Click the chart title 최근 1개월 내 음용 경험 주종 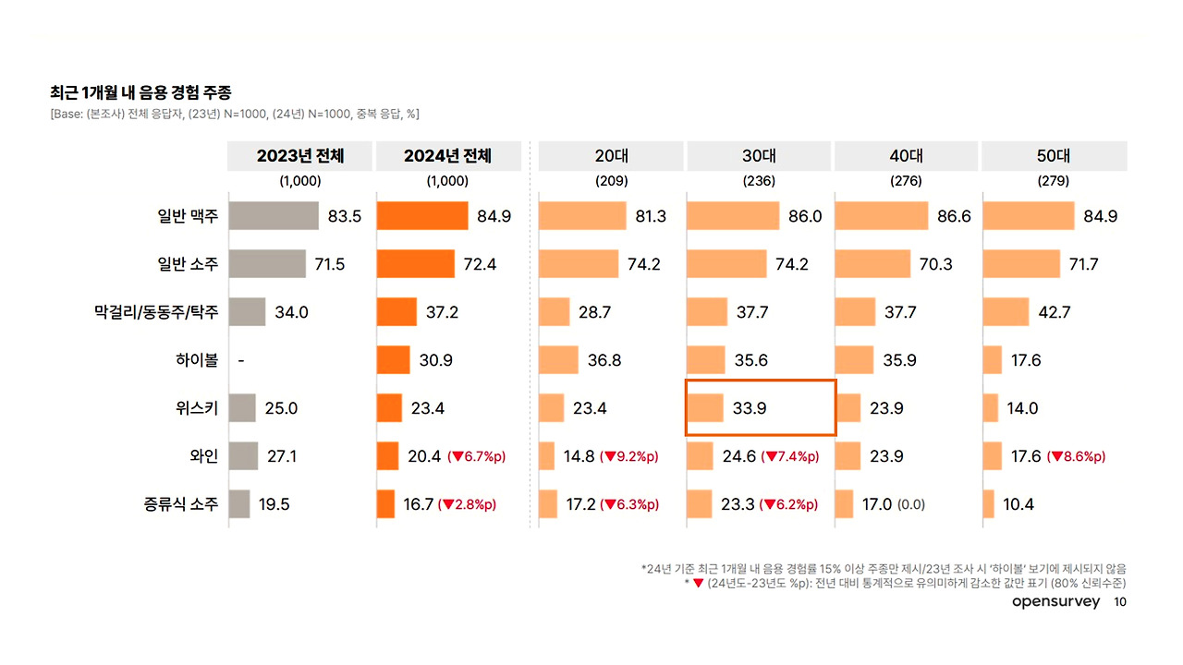[x=140, y=92]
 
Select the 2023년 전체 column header [x=300, y=156]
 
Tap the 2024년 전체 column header [x=447, y=156]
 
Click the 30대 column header [x=759, y=156]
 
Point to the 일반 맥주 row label [x=188, y=217]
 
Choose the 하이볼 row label [x=198, y=360]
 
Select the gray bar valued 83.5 [x=273, y=217]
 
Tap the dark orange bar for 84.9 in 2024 [x=422, y=217]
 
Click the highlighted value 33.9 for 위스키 [x=750, y=408]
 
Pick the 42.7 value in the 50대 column [x=1054, y=312]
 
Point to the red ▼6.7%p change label [x=477, y=456]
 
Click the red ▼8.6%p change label [x=1076, y=456]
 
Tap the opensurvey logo [x=1056, y=602]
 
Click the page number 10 [x=1119, y=602]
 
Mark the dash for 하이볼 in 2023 [x=241, y=360]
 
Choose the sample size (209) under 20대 [x=611, y=181]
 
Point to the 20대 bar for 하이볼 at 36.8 [x=558, y=360]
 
